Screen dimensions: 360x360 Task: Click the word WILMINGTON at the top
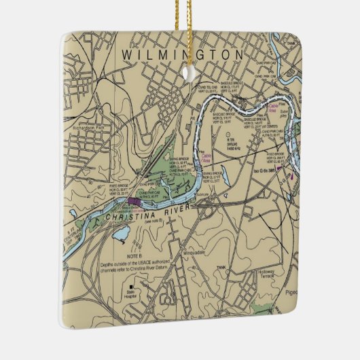[182, 53]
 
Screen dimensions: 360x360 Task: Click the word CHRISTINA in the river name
[130, 217]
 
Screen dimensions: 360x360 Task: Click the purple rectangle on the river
[135, 202]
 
